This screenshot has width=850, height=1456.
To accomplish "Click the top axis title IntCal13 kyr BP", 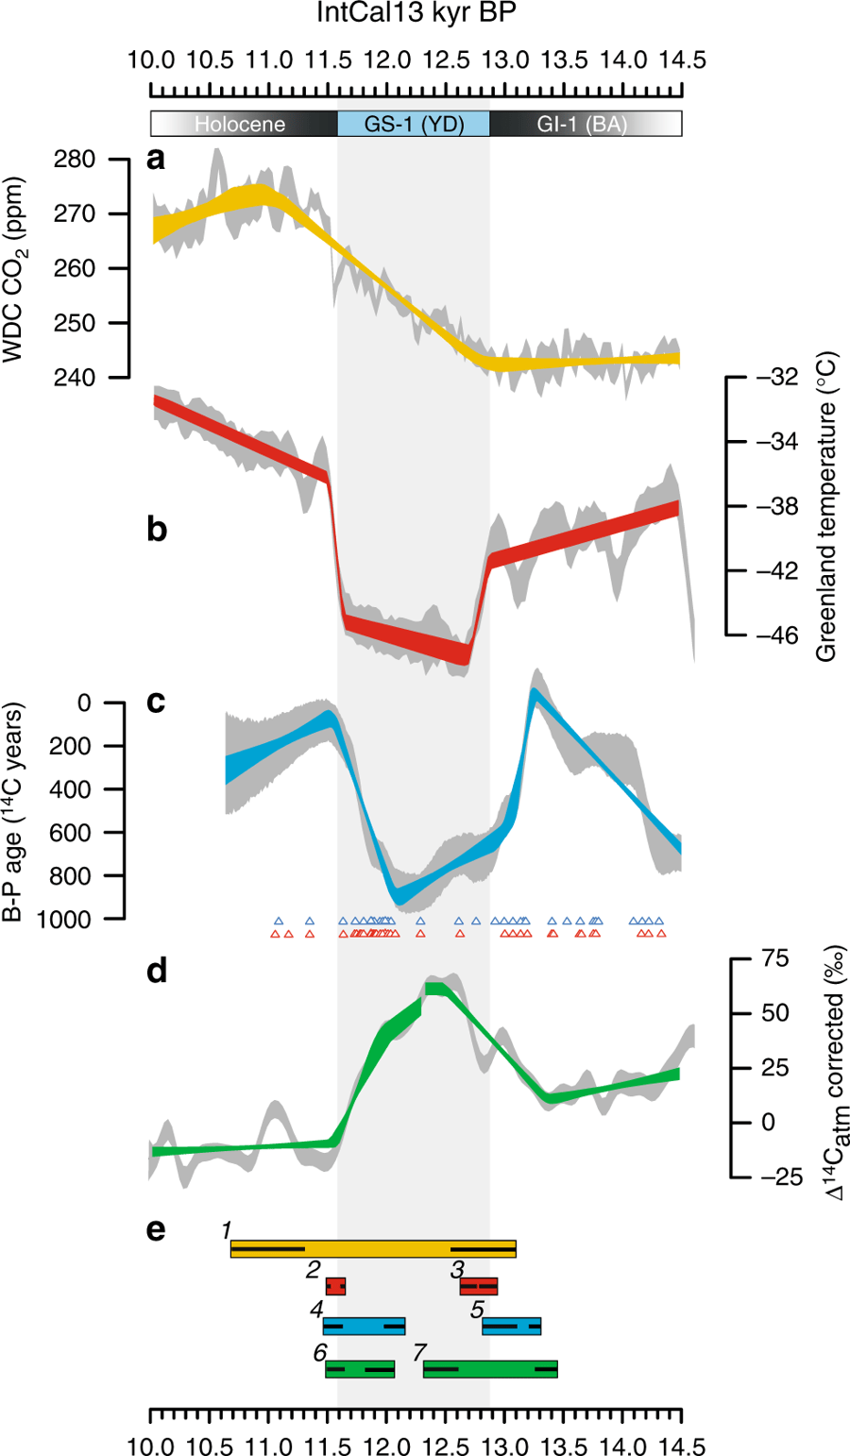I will point(416,14).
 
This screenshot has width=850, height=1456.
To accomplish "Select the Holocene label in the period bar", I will point(240,124).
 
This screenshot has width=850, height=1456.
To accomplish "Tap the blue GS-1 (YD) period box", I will point(414,124).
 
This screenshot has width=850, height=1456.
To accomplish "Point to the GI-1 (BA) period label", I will point(582,124).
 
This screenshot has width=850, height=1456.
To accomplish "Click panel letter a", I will point(156,159).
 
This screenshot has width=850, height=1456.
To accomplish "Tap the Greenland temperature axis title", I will point(826,508).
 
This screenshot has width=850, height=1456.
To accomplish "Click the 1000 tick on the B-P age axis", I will point(65,919).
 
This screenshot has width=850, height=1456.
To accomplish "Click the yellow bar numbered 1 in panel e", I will point(373,1249).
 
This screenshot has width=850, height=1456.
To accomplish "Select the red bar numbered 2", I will point(335,1286).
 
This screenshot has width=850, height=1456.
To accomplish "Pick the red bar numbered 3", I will point(478,1286).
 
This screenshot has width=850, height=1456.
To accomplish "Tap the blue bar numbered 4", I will point(364,1326).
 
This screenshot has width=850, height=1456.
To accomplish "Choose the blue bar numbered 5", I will point(511,1326).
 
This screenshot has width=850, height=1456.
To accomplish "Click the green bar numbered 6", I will point(360,1368).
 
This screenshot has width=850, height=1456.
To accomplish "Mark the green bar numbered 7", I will point(490,1368).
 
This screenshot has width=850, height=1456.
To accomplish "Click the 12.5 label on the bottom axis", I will point(446,1446).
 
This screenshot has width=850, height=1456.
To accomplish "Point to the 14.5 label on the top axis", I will point(682,60).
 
